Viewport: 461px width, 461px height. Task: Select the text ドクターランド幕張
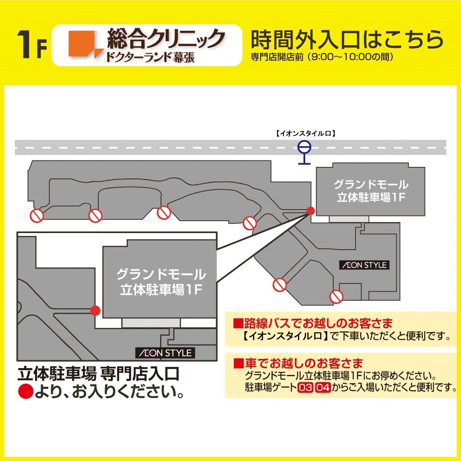click(x=149, y=57)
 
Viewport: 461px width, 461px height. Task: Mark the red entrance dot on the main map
click(x=311, y=210)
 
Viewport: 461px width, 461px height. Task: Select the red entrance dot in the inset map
click(x=96, y=311)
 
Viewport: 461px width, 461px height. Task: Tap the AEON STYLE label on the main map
click(x=364, y=265)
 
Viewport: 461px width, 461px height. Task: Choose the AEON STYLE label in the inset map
click(x=165, y=353)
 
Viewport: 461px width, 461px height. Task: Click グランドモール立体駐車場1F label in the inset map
click(x=160, y=282)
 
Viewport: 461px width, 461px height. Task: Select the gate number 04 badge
click(x=323, y=388)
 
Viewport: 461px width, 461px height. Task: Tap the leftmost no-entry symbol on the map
click(x=37, y=216)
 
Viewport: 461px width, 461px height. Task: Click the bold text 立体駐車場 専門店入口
click(x=99, y=374)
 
